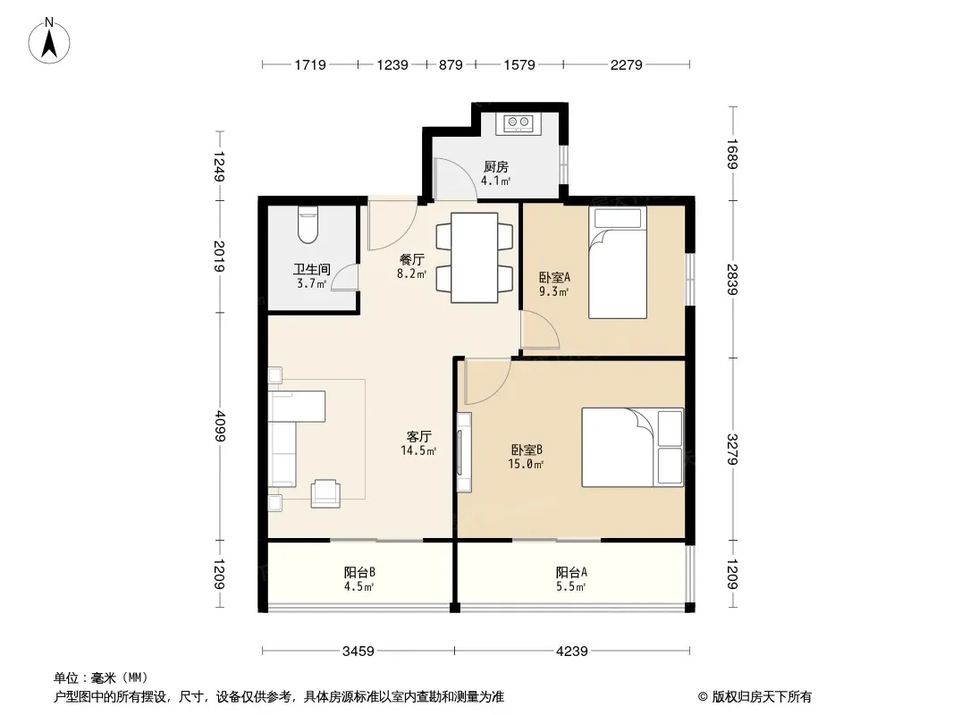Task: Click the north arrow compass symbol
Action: point(49,41)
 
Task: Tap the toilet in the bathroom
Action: point(308,224)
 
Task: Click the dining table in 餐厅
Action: point(474,257)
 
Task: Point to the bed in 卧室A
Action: point(618,263)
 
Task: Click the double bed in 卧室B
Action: point(632,447)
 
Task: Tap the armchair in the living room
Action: point(325,493)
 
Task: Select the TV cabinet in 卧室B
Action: point(464,452)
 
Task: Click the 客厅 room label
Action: point(418,437)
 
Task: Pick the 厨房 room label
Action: point(496,166)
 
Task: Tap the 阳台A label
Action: point(571,572)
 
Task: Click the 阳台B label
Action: point(359,572)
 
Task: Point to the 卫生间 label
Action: point(312,269)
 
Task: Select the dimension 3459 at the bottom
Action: point(358,652)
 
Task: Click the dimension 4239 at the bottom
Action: point(572,652)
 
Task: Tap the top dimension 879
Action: point(451,64)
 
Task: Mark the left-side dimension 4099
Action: point(220,426)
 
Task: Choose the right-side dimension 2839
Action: point(732,280)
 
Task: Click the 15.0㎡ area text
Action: point(526,465)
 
